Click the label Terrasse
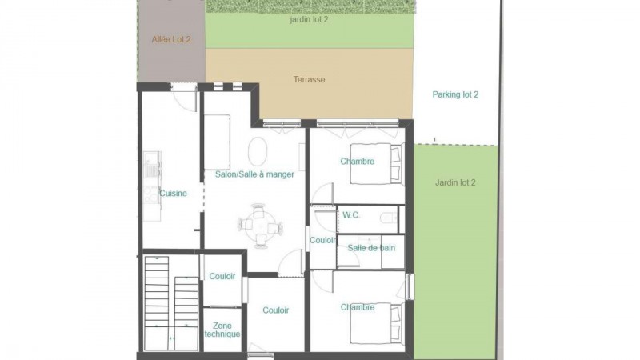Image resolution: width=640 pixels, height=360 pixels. coord(309,79)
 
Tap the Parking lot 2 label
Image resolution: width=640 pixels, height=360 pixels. coord(455,94)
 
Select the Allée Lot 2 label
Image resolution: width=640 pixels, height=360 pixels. coord(171,38)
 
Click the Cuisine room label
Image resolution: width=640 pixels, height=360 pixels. coord(174,193)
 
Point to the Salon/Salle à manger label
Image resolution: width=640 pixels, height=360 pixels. coord(254,174)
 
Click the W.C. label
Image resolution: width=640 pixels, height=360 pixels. coord(350,214)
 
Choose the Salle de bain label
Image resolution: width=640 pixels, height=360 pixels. coord(370,248)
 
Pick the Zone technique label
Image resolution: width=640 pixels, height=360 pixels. coord(222,330)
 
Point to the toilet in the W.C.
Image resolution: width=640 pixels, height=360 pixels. coord(389,217)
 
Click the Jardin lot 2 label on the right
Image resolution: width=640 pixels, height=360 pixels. coord(455,182)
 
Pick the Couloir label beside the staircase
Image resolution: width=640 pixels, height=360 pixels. coord(222,276)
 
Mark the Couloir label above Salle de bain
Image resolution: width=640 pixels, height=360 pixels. coord(322,239)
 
